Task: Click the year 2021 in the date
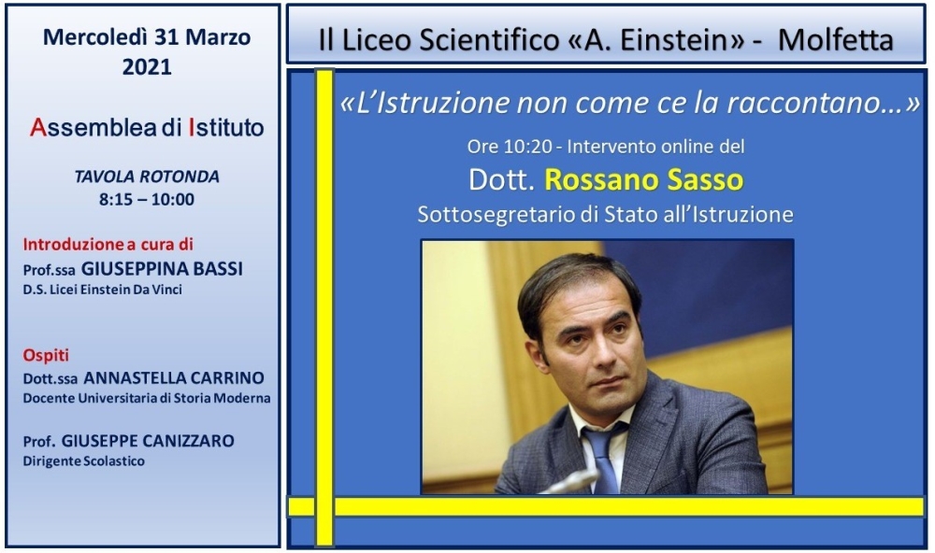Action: point(147,66)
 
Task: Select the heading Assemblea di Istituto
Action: point(147,128)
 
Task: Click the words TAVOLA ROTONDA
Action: point(147,177)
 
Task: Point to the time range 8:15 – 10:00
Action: point(147,199)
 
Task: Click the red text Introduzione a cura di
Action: point(108,245)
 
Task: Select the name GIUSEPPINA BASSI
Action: point(162,269)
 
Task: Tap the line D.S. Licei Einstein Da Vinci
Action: point(103,290)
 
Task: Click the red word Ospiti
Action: point(46,355)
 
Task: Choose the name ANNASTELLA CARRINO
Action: point(174,377)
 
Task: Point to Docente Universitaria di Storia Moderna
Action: point(147,398)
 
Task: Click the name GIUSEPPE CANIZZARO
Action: point(148,441)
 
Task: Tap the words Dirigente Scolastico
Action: point(83,461)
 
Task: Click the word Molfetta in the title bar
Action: point(835,40)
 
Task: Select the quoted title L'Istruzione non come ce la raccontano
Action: point(629,103)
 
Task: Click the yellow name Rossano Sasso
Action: point(644,180)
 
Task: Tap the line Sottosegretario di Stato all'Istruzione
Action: point(605,215)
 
